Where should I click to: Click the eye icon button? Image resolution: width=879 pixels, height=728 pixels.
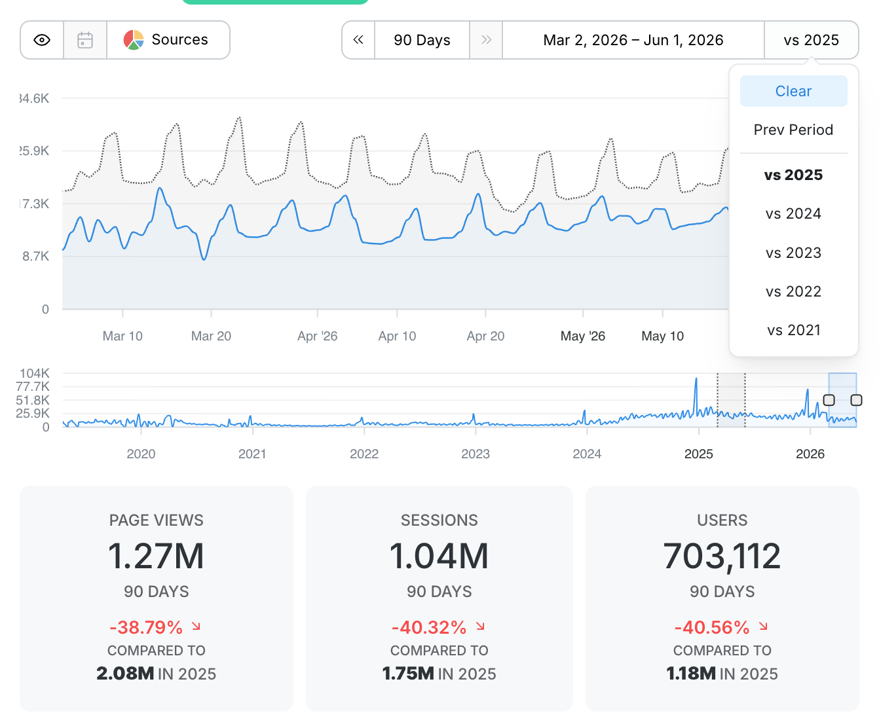pos(42,40)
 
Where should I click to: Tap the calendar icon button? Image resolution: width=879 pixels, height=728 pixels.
pos(85,40)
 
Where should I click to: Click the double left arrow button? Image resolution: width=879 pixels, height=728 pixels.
pos(358,40)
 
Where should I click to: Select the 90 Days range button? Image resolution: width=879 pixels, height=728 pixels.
pos(422,40)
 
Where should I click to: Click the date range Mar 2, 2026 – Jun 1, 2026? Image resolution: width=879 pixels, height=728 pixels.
pos(633,40)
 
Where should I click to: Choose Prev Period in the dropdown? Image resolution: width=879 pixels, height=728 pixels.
pos(793,130)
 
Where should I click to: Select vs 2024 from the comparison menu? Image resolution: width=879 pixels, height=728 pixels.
pos(793,214)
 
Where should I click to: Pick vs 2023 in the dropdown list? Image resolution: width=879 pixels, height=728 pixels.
pos(793,253)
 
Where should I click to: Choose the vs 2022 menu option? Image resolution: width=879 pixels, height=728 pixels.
pos(793,291)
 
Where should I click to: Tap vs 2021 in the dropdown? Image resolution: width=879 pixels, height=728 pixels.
pos(793,331)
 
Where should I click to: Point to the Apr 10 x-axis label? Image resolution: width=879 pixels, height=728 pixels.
pos(397,337)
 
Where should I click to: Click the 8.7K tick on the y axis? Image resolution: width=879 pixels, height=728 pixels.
pos(35,256)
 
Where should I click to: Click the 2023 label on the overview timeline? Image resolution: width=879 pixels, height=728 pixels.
pos(476,454)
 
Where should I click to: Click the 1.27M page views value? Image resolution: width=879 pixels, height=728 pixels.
pos(156,556)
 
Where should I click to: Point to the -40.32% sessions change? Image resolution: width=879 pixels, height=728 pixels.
pos(429,627)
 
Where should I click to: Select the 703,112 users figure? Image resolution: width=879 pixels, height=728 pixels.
pos(722,556)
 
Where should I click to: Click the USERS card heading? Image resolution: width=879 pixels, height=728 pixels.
pos(722,520)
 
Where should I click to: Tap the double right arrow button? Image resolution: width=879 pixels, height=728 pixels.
pos(486,40)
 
